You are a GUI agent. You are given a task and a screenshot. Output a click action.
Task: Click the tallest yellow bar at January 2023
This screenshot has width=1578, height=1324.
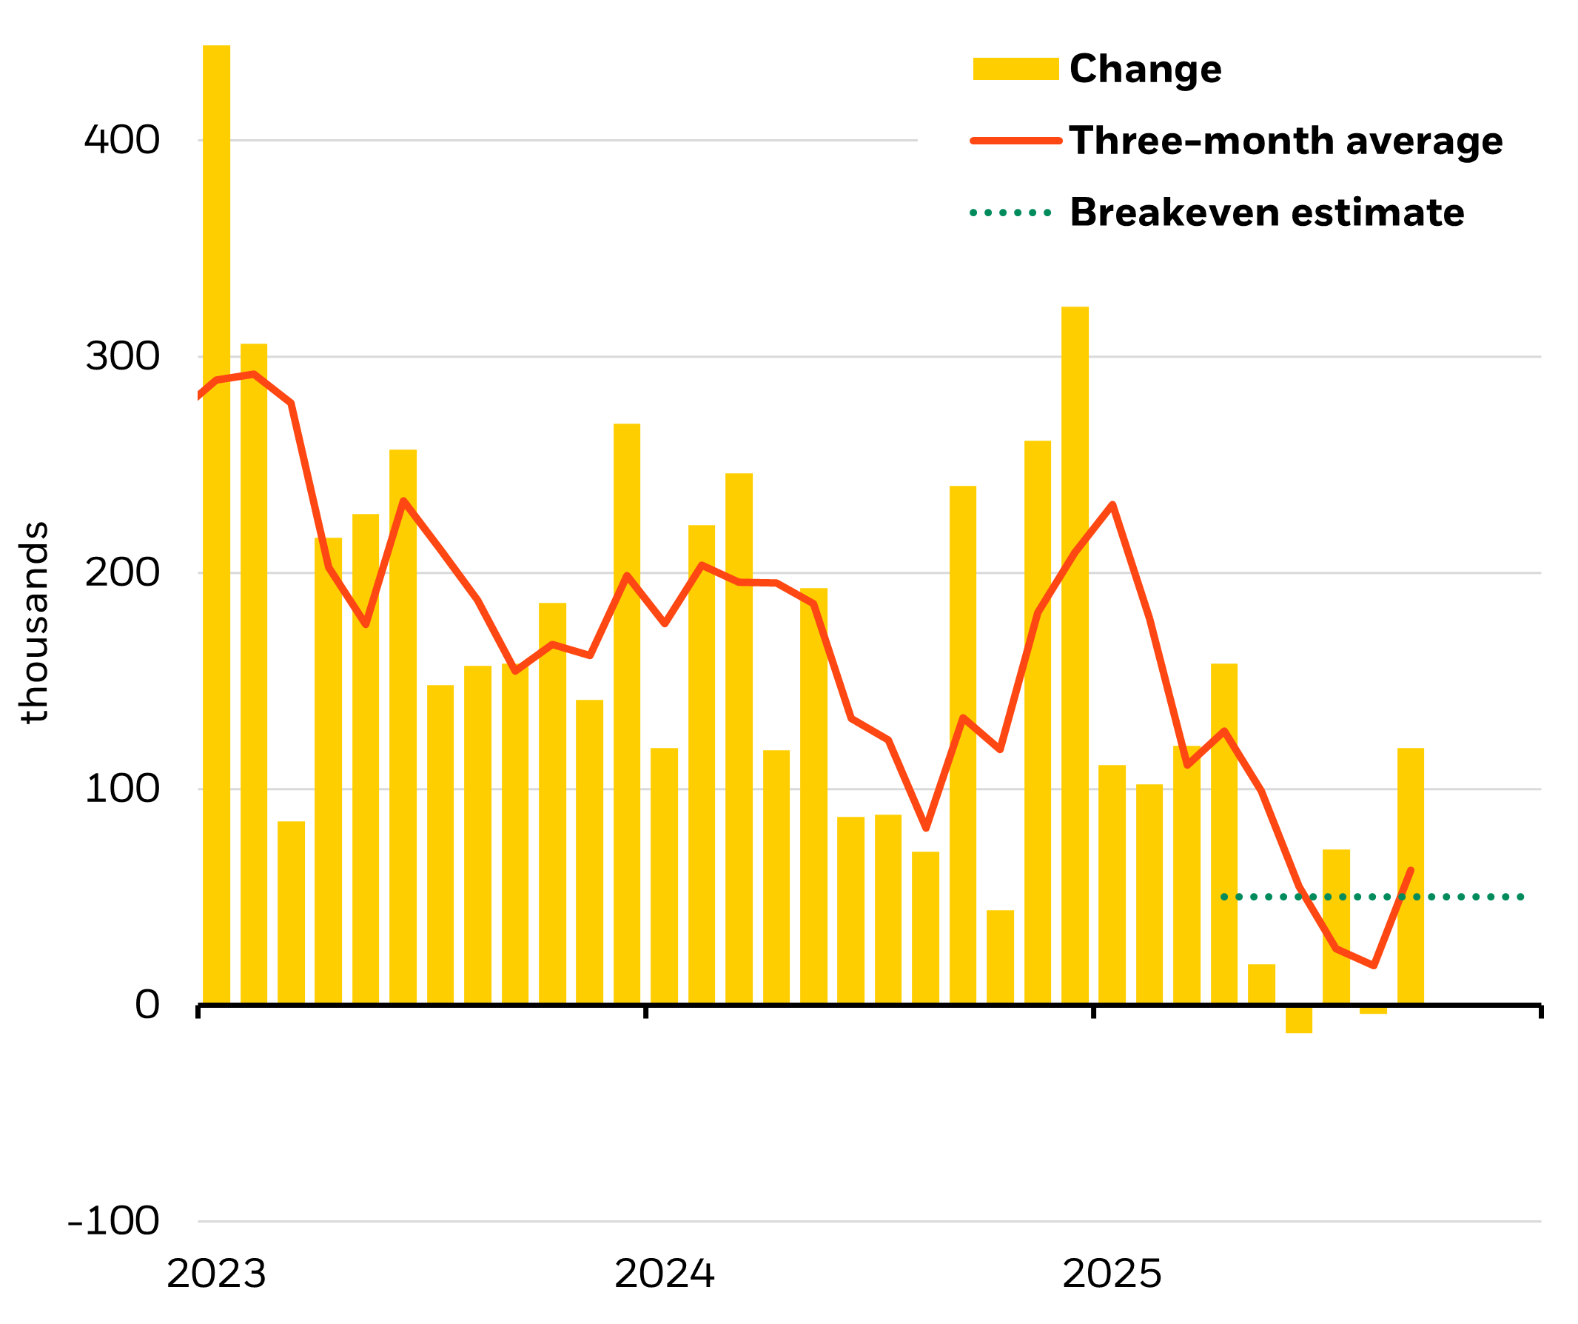pyautogui.click(x=216, y=526)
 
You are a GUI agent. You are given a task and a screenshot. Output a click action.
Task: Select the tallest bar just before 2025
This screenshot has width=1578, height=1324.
pyautogui.click(x=1075, y=654)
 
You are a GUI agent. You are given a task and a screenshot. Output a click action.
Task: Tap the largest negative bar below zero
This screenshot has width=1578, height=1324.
pyautogui.click(x=1298, y=1020)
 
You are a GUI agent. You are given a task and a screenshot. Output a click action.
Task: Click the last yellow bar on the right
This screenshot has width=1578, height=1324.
pyautogui.click(x=1411, y=877)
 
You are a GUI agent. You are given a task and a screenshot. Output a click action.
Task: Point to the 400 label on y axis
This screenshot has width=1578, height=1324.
pyautogui.click(x=121, y=141)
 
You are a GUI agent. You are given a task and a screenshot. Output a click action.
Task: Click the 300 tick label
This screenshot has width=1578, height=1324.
pyautogui.click(x=122, y=356)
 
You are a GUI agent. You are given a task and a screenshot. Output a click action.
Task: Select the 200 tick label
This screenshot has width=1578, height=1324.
pyautogui.click(x=121, y=573)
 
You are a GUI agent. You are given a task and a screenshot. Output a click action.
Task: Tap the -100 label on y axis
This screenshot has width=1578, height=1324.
pyautogui.click(x=113, y=1222)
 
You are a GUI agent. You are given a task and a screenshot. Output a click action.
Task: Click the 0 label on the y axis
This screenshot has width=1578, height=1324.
pyautogui.click(x=147, y=1005)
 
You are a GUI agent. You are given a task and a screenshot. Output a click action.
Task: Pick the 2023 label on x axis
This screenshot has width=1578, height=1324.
pyautogui.click(x=216, y=1274)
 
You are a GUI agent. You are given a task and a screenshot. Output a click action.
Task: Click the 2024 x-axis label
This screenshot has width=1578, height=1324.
pyautogui.click(x=664, y=1274)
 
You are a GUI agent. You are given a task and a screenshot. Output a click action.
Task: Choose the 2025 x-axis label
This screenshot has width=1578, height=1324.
pyautogui.click(x=1112, y=1274)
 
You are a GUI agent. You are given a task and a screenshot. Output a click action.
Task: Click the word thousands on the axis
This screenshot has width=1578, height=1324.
pyautogui.click(x=34, y=623)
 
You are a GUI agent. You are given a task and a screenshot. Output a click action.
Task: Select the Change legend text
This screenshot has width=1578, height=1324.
pyautogui.click(x=1145, y=69)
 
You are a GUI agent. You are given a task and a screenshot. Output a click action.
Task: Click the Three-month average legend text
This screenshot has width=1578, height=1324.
pyautogui.click(x=1286, y=141)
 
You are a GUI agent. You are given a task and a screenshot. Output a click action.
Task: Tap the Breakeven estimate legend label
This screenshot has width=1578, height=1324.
pyautogui.click(x=1267, y=213)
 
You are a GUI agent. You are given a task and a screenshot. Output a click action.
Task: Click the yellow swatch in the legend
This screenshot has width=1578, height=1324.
pyautogui.click(x=1015, y=69)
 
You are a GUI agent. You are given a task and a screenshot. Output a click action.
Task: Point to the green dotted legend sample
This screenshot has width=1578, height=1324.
pyautogui.click(x=1010, y=213)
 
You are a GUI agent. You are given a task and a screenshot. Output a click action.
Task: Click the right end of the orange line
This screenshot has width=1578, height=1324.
pyautogui.click(x=1411, y=871)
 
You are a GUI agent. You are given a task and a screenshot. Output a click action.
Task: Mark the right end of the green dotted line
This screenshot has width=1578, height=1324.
pyautogui.click(x=1521, y=897)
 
